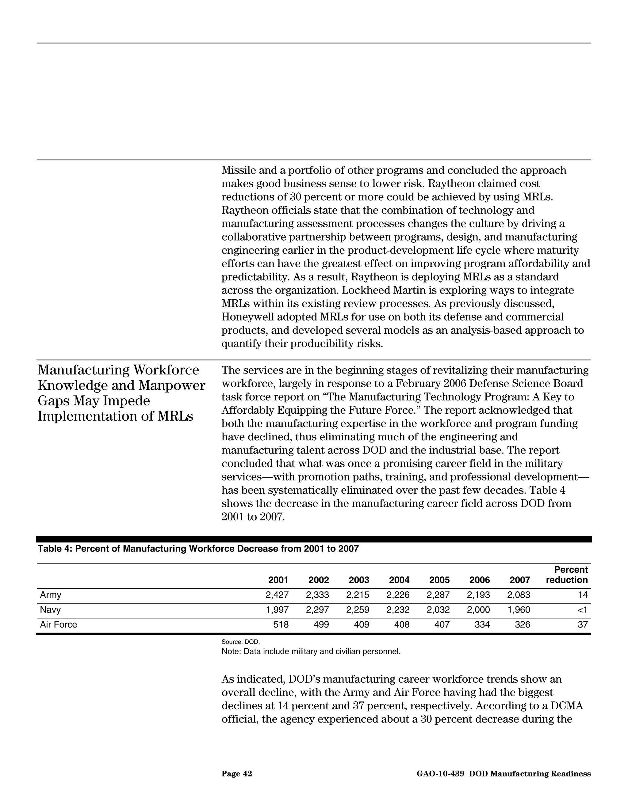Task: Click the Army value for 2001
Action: click(x=277, y=595)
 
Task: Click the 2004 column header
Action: click(x=399, y=580)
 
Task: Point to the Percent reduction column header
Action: click(x=567, y=575)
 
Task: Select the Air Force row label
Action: click(x=58, y=624)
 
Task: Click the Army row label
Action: click(x=51, y=595)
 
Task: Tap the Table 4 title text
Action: click(x=198, y=549)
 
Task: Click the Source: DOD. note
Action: click(x=240, y=642)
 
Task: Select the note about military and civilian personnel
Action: click(x=311, y=651)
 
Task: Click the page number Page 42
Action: click(x=237, y=774)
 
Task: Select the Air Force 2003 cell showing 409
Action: click(x=361, y=624)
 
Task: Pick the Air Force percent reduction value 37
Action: click(x=583, y=624)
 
